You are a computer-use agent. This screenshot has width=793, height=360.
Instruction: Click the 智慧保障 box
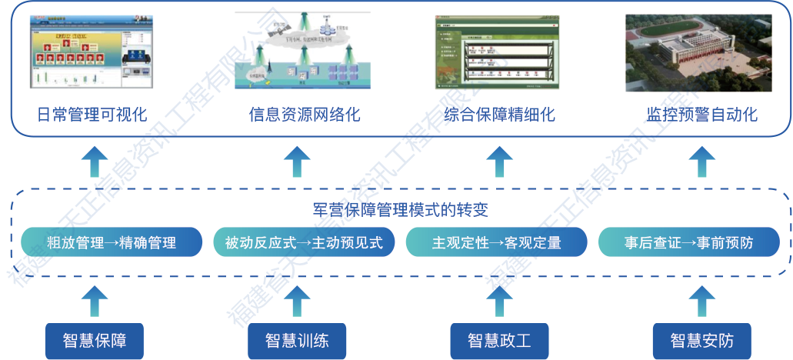click(95, 340)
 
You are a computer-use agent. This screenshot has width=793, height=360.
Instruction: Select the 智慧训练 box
click(297, 340)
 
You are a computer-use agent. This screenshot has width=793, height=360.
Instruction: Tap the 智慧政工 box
click(499, 340)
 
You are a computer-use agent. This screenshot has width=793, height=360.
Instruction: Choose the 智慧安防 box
click(701, 340)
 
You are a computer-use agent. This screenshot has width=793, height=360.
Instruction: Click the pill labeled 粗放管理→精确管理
click(112, 243)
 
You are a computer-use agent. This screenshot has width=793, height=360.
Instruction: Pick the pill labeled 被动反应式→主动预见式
click(304, 243)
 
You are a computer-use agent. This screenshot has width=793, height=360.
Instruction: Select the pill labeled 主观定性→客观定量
click(496, 243)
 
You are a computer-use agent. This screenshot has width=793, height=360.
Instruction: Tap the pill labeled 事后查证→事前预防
click(688, 243)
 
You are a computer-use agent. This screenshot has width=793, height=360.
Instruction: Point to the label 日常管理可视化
click(92, 115)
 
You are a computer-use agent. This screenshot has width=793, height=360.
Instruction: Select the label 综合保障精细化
click(499, 115)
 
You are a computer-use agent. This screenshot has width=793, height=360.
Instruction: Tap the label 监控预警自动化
click(701, 115)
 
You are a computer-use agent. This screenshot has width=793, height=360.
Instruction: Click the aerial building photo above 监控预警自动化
click(697, 51)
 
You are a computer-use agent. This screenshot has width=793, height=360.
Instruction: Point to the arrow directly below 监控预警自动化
click(701, 162)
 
